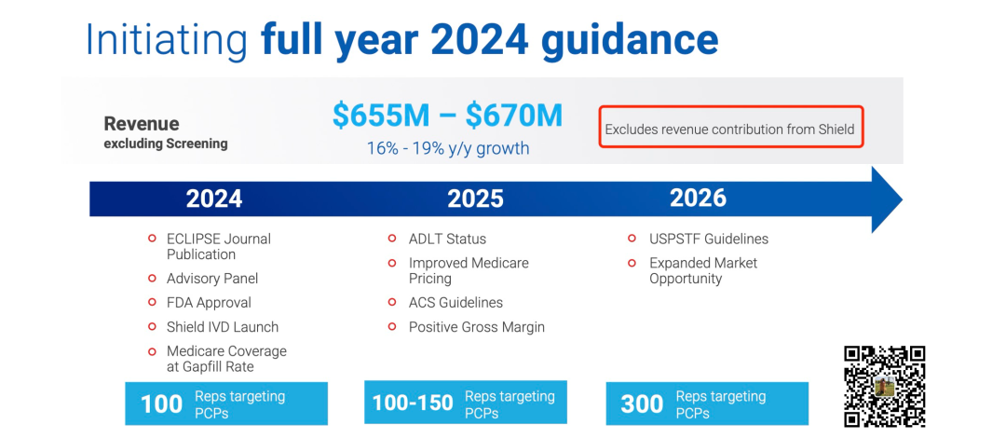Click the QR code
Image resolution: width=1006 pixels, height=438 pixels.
pyautogui.click(x=885, y=387)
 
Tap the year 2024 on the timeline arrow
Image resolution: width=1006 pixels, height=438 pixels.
pyautogui.click(x=214, y=198)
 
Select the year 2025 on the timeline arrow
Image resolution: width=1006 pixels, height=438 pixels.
pyautogui.click(x=475, y=198)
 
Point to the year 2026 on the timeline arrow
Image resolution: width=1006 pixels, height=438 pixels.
pyautogui.click(x=698, y=198)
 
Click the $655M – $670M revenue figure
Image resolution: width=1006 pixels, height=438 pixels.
pyautogui.click(x=447, y=116)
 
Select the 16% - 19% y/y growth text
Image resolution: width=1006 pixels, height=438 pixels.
pyautogui.click(x=448, y=148)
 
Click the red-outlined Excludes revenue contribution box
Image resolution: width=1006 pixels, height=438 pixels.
pyautogui.click(x=731, y=127)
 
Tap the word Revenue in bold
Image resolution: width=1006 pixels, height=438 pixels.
pyautogui.click(x=142, y=123)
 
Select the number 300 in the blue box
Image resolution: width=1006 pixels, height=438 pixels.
pyautogui.click(x=642, y=404)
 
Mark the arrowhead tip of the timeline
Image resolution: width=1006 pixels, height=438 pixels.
pyautogui.click(x=903, y=199)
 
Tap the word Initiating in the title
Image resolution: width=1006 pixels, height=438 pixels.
pyautogui.click(x=166, y=40)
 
